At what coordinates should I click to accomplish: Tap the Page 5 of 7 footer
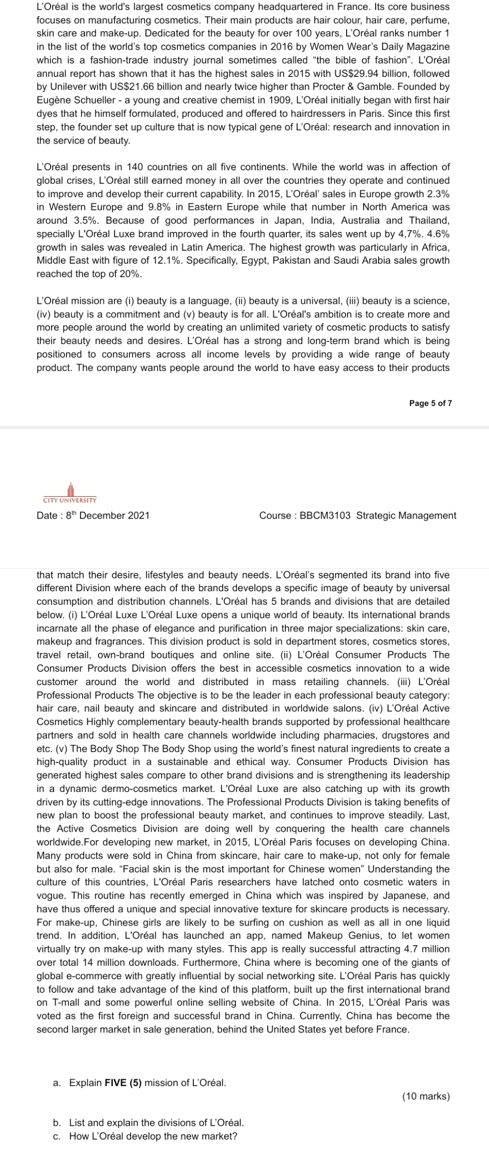point(430,403)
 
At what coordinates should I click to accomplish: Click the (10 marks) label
point(426,1096)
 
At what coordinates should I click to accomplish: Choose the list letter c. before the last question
point(57,1136)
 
